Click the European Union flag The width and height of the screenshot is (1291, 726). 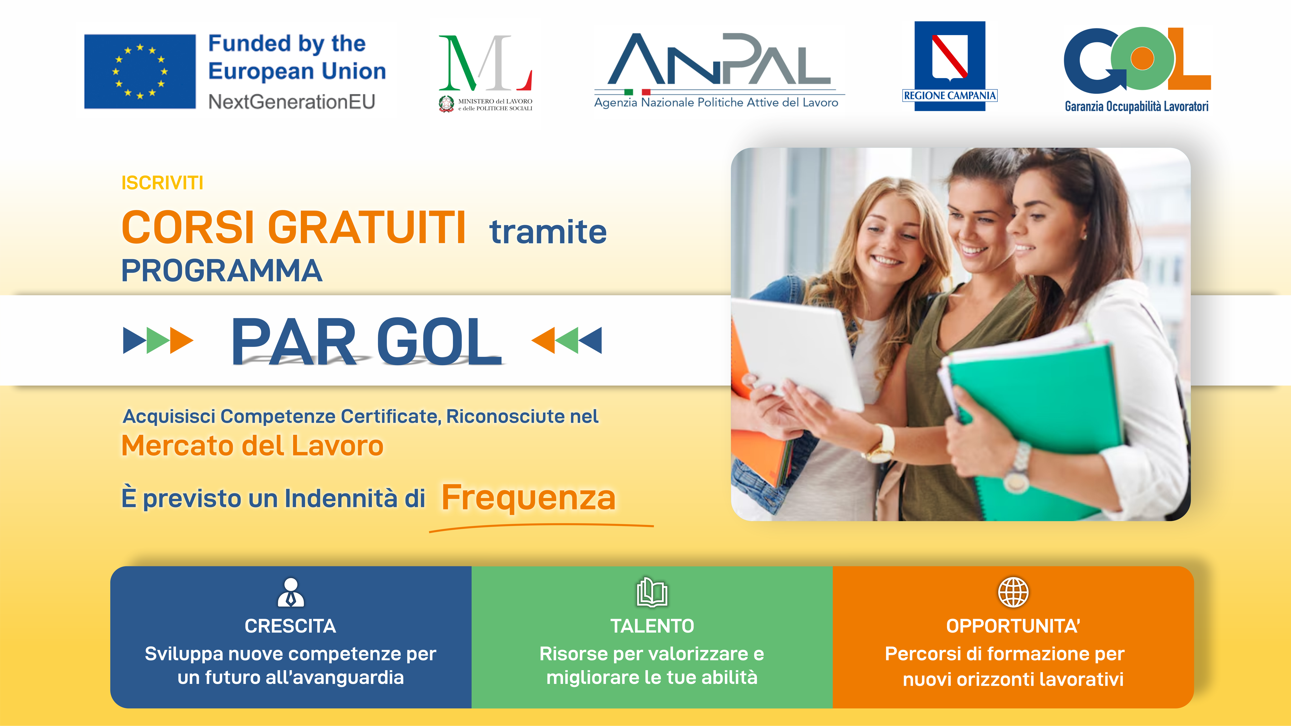point(140,71)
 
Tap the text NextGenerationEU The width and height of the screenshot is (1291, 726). point(292,102)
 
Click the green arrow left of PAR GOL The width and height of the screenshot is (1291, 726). point(158,341)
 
